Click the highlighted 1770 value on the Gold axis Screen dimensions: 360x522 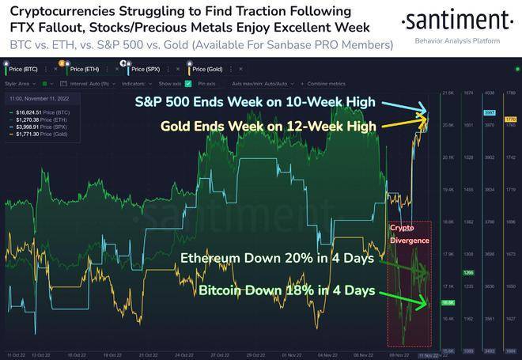coord(510,119)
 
